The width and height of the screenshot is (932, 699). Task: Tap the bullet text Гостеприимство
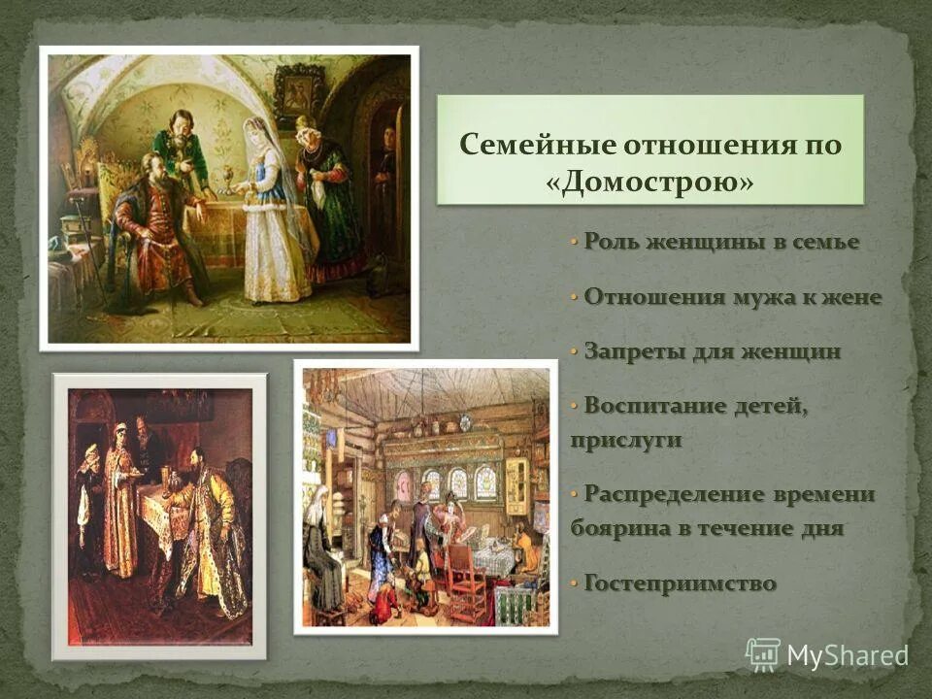coord(681,583)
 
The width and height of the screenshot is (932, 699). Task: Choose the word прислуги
coord(625,439)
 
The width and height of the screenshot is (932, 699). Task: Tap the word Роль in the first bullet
coord(610,242)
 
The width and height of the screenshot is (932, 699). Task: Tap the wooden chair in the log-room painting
coord(464,582)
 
